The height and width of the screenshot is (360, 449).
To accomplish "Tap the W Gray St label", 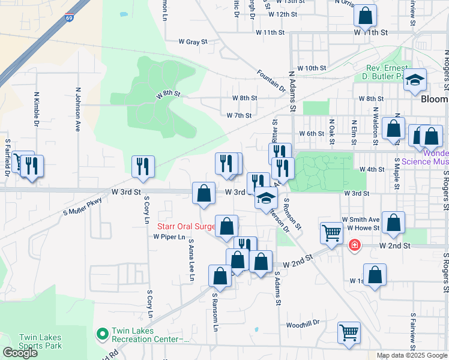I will pyautogui.click(x=193, y=42).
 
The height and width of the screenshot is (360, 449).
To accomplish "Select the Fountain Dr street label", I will pyautogui.click(x=271, y=81).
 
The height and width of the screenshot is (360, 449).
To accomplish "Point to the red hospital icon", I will pyautogui.click(x=355, y=245).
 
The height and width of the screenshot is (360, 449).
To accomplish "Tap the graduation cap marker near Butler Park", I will pyautogui.click(x=414, y=80).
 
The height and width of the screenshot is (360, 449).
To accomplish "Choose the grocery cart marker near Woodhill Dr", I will pyautogui.click(x=349, y=332).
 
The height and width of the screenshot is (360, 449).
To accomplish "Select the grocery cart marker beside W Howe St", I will pyautogui.click(x=331, y=233).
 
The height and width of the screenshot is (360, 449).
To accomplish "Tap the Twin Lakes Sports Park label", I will pyautogui.click(x=40, y=341).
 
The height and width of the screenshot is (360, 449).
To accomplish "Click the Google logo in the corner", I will pyautogui.click(x=20, y=353).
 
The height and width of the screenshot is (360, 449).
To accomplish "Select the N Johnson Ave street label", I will pyautogui.click(x=78, y=110).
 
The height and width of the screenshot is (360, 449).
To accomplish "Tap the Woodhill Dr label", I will pyautogui.click(x=303, y=323).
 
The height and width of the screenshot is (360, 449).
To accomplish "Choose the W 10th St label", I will pyautogui.click(x=312, y=68).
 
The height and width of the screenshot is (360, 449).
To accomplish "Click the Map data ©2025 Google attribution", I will pyautogui.click(x=411, y=355).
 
